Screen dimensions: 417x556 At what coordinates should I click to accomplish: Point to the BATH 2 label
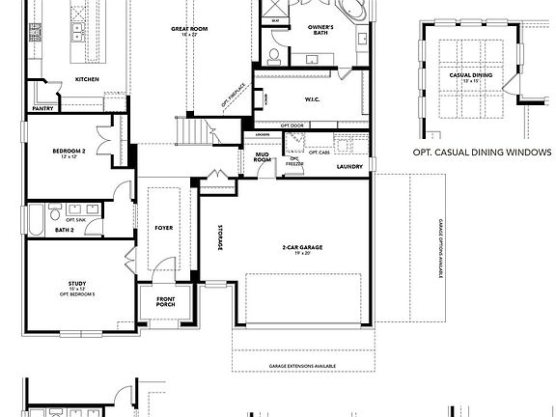tap(64, 231)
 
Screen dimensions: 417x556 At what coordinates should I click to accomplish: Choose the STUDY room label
tap(77, 286)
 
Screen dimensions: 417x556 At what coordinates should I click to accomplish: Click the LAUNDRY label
tap(349, 166)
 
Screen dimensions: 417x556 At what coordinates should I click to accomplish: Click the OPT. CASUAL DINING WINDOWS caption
tap(481, 153)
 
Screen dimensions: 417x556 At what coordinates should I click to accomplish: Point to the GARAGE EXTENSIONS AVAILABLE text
tap(302, 367)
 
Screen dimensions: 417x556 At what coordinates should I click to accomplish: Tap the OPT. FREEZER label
tap(293, 163)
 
